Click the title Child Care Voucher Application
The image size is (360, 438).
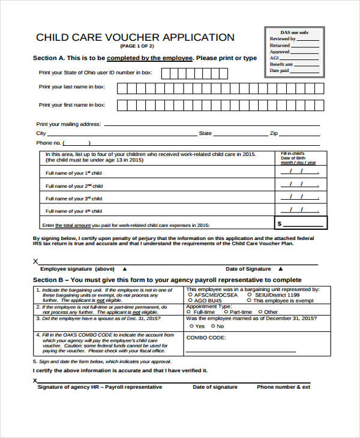[135, 37]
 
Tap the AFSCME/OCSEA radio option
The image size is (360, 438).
[190, 295]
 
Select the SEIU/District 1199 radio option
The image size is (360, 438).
[250, 295]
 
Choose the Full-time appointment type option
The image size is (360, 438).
[190, 312]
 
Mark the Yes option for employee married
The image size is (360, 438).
[191, 326]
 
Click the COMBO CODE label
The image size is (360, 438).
[206, 338]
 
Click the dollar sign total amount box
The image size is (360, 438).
[301, 223]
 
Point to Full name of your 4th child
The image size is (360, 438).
[74, 211]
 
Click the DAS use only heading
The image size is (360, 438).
[295, 32]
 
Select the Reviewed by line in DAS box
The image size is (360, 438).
[283, 39]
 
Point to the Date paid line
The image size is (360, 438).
[280, 70]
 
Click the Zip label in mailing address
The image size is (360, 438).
[274, 133]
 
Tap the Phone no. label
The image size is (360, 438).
[49, 143]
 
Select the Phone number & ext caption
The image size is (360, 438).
[284, 387]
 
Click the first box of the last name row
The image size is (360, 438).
[122, 89]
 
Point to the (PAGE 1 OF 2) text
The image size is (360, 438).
[136, 46]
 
